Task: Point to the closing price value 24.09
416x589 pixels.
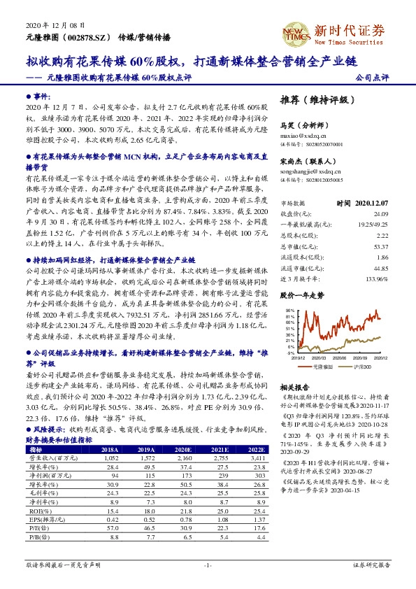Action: point(380,213)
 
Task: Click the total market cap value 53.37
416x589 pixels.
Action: point(380,247)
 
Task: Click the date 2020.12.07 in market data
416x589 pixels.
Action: point(372,202)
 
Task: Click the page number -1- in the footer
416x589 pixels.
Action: point(208,564)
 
